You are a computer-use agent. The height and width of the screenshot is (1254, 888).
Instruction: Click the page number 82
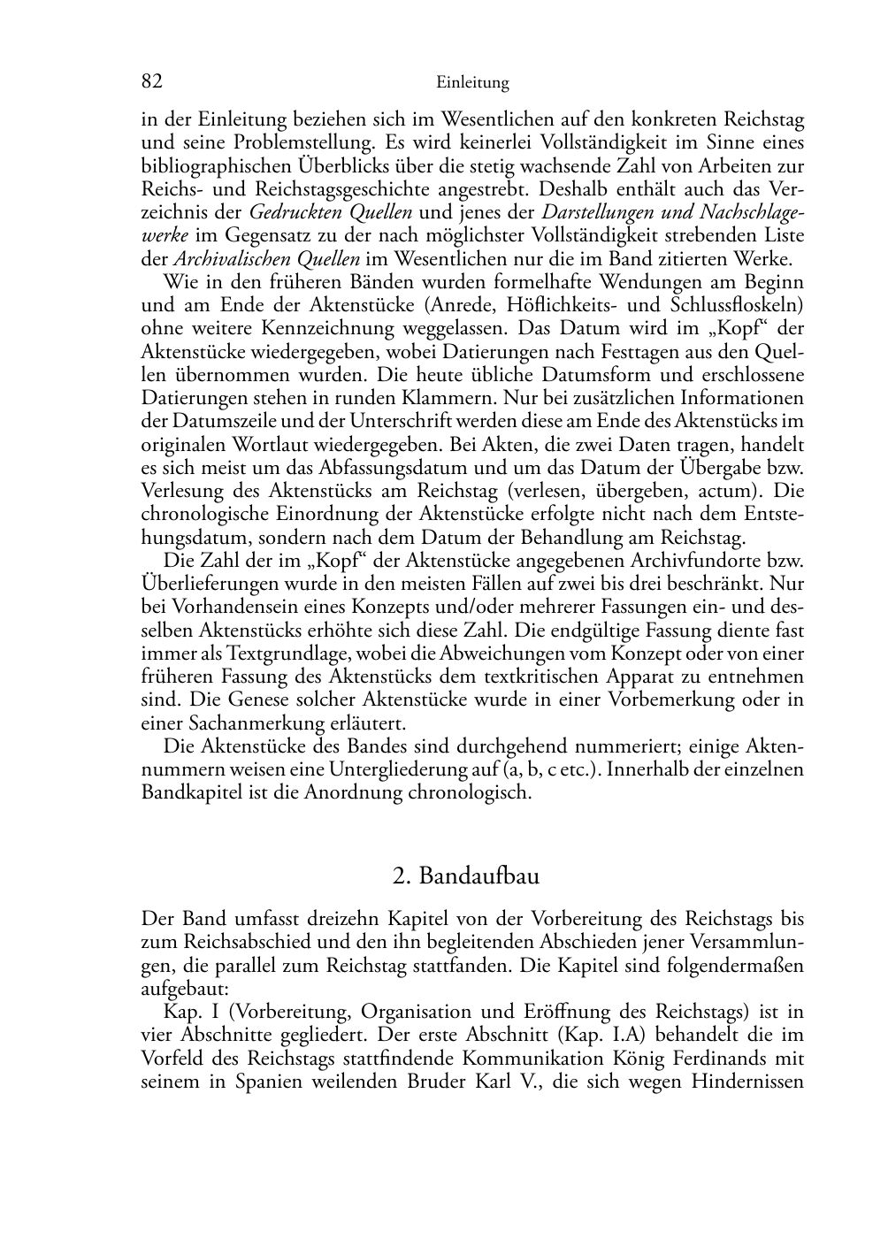152,81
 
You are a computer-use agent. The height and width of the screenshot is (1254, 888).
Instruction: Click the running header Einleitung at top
472,83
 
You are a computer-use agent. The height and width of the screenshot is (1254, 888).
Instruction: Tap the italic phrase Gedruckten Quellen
331,212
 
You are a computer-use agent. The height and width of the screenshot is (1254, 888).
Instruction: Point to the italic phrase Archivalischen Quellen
266,259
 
